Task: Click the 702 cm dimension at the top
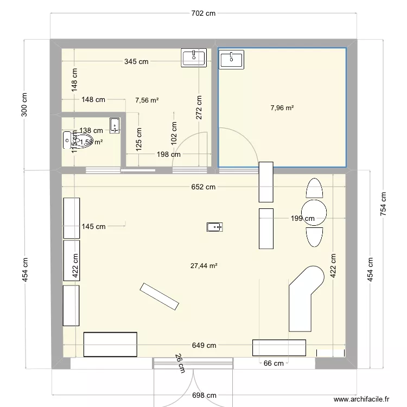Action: pyautogui.click(x=205, y=14)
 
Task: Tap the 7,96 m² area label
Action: pyautogui.click(x=282, y=108)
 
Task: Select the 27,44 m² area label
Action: pyautogui.click(x=204, y=266)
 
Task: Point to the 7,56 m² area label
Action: pyautogui.click(x=147, y=100)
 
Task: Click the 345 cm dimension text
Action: pyautogui.click(x=136, y=62)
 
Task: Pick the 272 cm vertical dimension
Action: pyautogui.click(x=199, y=108)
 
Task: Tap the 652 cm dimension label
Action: pyautogui.click(x=202, y=187)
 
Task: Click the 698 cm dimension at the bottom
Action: pyautogui.click(x=205, y=396)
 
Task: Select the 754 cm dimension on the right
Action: pyautogui.click(x=384, y=202)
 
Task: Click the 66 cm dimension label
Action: pyautogui.click(x=274, y=364)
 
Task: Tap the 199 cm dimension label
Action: pyautogui.click(x=302, y=219)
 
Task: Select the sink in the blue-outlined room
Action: pyautogui.click(x=232, y=59)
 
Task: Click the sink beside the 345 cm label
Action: pyautogui.click(x=194, y=58)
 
